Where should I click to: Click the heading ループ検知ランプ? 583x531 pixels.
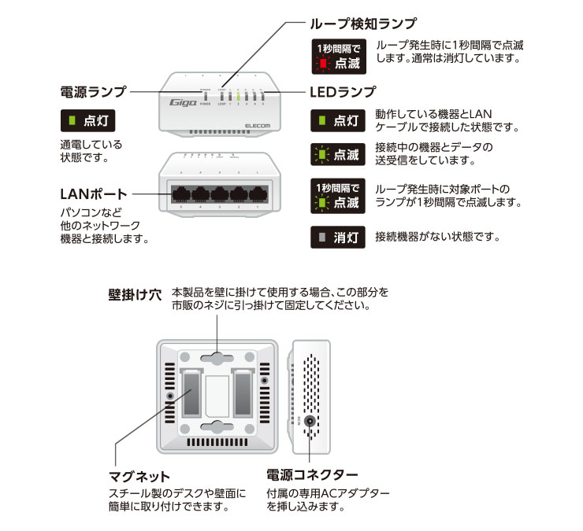pos(359,24)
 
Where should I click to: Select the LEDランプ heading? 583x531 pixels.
pos(344,91)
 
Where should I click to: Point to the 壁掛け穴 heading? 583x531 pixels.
pos(134,296)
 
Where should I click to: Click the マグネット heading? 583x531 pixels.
pos(138,476)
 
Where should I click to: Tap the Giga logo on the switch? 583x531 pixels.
pos(184,102)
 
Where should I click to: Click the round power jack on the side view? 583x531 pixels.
pos(311,420)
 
